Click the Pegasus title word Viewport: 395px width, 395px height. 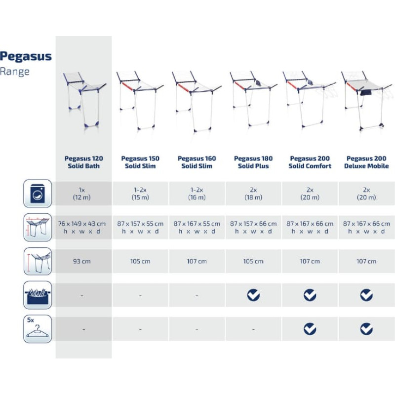tap(26, 57)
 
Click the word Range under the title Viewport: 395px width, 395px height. tap(15, 72)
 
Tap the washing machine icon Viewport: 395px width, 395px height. tap(38, 193)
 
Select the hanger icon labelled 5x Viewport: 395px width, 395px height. tap(38, 329)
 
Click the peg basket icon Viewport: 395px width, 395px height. tap(38, 295)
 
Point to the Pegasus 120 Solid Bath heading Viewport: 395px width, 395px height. tap(83, 162)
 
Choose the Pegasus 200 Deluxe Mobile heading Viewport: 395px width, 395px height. tap(366, 162)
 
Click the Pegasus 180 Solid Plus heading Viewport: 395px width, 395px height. tap(253, 162)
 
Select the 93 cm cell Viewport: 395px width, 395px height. tap(82, 261)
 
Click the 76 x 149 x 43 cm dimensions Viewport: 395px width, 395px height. tap(82, 224)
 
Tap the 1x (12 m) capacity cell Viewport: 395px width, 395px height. tap(82, 194)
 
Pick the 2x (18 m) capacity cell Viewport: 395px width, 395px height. tap(253, 194)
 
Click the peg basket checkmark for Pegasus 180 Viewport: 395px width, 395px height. tap(253, 295)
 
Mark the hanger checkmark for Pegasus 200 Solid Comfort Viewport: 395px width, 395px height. tap(310, 329)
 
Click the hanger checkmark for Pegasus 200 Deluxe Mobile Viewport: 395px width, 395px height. tap(366, 329)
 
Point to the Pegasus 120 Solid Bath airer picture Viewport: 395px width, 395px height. tap(84, 100)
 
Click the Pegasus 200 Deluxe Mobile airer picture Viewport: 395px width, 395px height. tap(367, 101)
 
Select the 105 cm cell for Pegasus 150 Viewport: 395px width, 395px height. tap(140, 261)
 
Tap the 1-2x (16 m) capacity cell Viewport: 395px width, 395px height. tap(197, 194)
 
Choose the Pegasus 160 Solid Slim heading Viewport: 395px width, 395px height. tap(197, 162)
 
